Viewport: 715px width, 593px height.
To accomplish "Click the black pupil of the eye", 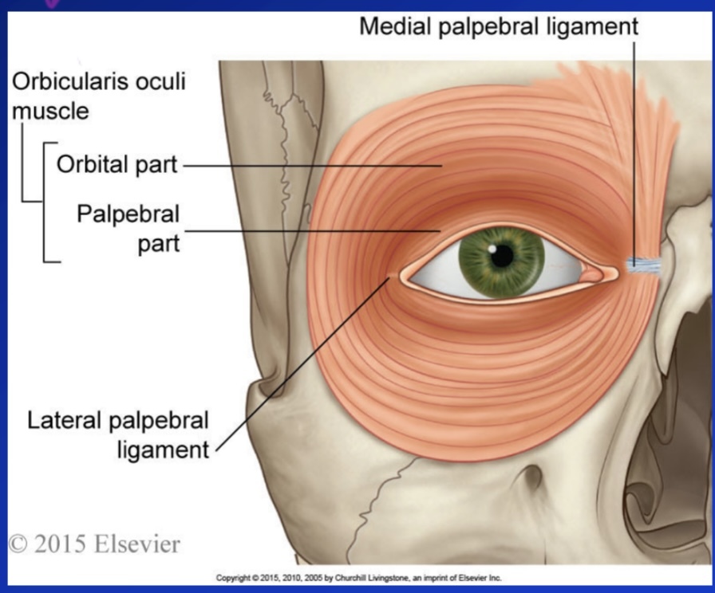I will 502,255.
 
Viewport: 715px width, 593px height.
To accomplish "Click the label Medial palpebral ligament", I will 499,26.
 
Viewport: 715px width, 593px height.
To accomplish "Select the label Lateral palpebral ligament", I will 118,434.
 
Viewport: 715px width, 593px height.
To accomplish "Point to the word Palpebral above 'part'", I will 128,215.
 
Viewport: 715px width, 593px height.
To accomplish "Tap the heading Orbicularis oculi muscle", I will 98,96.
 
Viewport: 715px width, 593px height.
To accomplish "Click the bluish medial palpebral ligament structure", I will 643,265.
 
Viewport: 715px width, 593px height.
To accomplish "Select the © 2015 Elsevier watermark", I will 94,544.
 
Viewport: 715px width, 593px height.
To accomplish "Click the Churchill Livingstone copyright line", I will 358,577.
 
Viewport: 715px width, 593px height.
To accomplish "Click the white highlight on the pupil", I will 495,249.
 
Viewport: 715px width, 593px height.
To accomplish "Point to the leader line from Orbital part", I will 311,166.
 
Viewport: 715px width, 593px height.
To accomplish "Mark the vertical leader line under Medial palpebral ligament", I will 635,143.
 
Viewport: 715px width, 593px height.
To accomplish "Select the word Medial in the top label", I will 398,26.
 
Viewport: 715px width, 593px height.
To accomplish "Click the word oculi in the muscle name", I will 159,81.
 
